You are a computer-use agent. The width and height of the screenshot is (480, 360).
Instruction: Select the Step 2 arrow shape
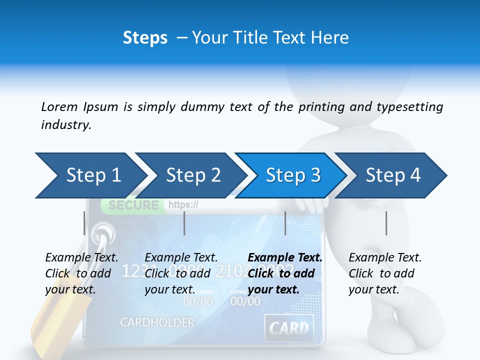pyautogui.click(x=192, y=175)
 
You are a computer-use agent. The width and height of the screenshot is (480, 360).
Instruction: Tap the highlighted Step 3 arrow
pyautogui.click(x=292, y=175)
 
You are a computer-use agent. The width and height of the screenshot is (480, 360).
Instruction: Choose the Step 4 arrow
pyautogui.click(x=392, y=175)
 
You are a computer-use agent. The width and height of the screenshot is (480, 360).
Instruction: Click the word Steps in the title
pyautogui.click(x=145, y=38)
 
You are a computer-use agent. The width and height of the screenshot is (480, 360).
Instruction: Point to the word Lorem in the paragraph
pyautogui.click(x=59, y=106)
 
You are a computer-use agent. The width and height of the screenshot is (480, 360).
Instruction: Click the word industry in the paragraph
pyautogui.click(x=65, y=125)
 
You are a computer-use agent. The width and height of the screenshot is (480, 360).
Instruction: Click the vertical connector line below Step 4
pyautogui.click(x=386, y=223)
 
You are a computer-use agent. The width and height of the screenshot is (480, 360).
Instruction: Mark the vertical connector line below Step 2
pyautogui.click(x=184, y=223)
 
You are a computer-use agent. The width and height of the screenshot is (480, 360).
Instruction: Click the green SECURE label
pyautogui.click(x=133, y=205)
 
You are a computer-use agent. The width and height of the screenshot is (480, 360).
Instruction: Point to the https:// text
pyautogui.click(x=183, y=204)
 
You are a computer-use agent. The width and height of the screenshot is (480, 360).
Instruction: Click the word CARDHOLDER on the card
pyautogui.click(x=157, y=322)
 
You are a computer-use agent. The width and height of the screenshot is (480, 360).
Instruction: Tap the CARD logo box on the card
pyautogui.click(x=289, y=328)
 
